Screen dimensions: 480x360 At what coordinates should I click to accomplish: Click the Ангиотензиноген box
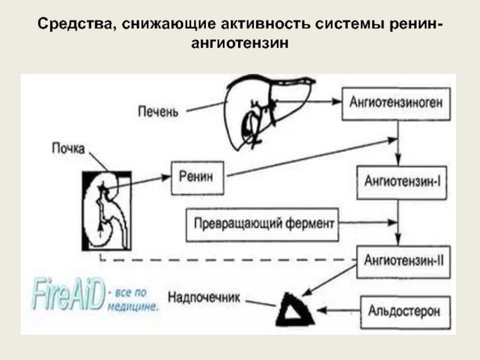click(x=396, y=104)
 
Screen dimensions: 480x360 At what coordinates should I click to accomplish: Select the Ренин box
click(x=197, y=178)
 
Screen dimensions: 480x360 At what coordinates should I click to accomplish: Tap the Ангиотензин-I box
click(x=401, y=182)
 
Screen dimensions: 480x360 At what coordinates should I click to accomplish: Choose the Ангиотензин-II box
click(x=403, y=262)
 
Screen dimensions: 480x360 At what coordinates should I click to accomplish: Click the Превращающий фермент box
click(x=262, y=224)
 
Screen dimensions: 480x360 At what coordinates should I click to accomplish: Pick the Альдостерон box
click(x=406, y=312)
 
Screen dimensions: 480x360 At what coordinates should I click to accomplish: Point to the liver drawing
click(x=269, y=112)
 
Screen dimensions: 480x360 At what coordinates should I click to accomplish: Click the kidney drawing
click(x=107, y=211)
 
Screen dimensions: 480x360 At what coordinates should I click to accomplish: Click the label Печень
click(x=158, y=112)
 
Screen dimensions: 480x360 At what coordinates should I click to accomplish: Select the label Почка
click(x=68, y=148)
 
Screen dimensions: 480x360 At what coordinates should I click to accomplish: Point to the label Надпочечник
click(x=204, y=297)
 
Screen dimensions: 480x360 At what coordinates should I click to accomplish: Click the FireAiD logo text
click(x=68, y=294)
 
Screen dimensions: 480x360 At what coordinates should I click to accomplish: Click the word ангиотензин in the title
click(x=240, y=43)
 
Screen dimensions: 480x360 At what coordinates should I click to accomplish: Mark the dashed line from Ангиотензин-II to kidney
click(x=228, y=260)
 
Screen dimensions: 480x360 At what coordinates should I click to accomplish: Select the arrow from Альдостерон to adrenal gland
click(x=338, y=310)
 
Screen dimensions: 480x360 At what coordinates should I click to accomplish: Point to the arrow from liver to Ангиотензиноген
click(x=308, y=101)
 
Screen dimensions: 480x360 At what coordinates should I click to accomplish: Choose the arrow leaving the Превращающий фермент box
click(x=368, y=223)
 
